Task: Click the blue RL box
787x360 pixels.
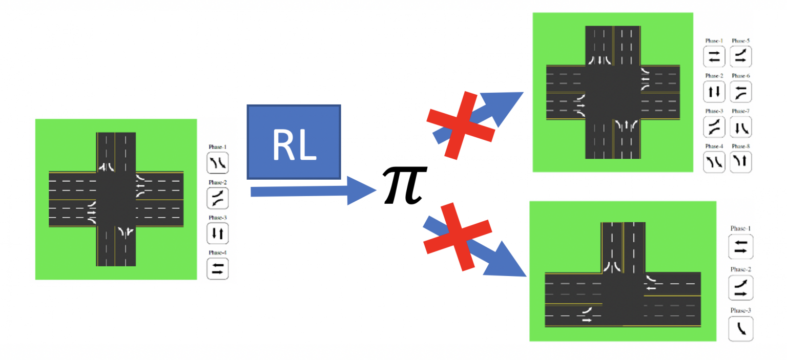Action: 294,142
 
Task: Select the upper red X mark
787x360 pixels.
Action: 460,124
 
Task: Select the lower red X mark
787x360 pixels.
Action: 458,236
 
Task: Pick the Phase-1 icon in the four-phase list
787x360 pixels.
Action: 217,163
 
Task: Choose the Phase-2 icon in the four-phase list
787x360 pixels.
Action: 217,198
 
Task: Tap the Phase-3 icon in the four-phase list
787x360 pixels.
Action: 217,234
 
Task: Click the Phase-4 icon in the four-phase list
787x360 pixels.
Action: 217,268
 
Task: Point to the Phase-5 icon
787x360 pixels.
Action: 741,57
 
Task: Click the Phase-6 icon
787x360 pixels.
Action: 741,92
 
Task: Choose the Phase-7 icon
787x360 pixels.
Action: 741,127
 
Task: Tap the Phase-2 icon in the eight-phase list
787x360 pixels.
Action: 714,92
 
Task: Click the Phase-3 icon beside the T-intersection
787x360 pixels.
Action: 741,329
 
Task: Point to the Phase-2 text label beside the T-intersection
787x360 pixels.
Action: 741,269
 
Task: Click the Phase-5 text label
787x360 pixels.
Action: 741,40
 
